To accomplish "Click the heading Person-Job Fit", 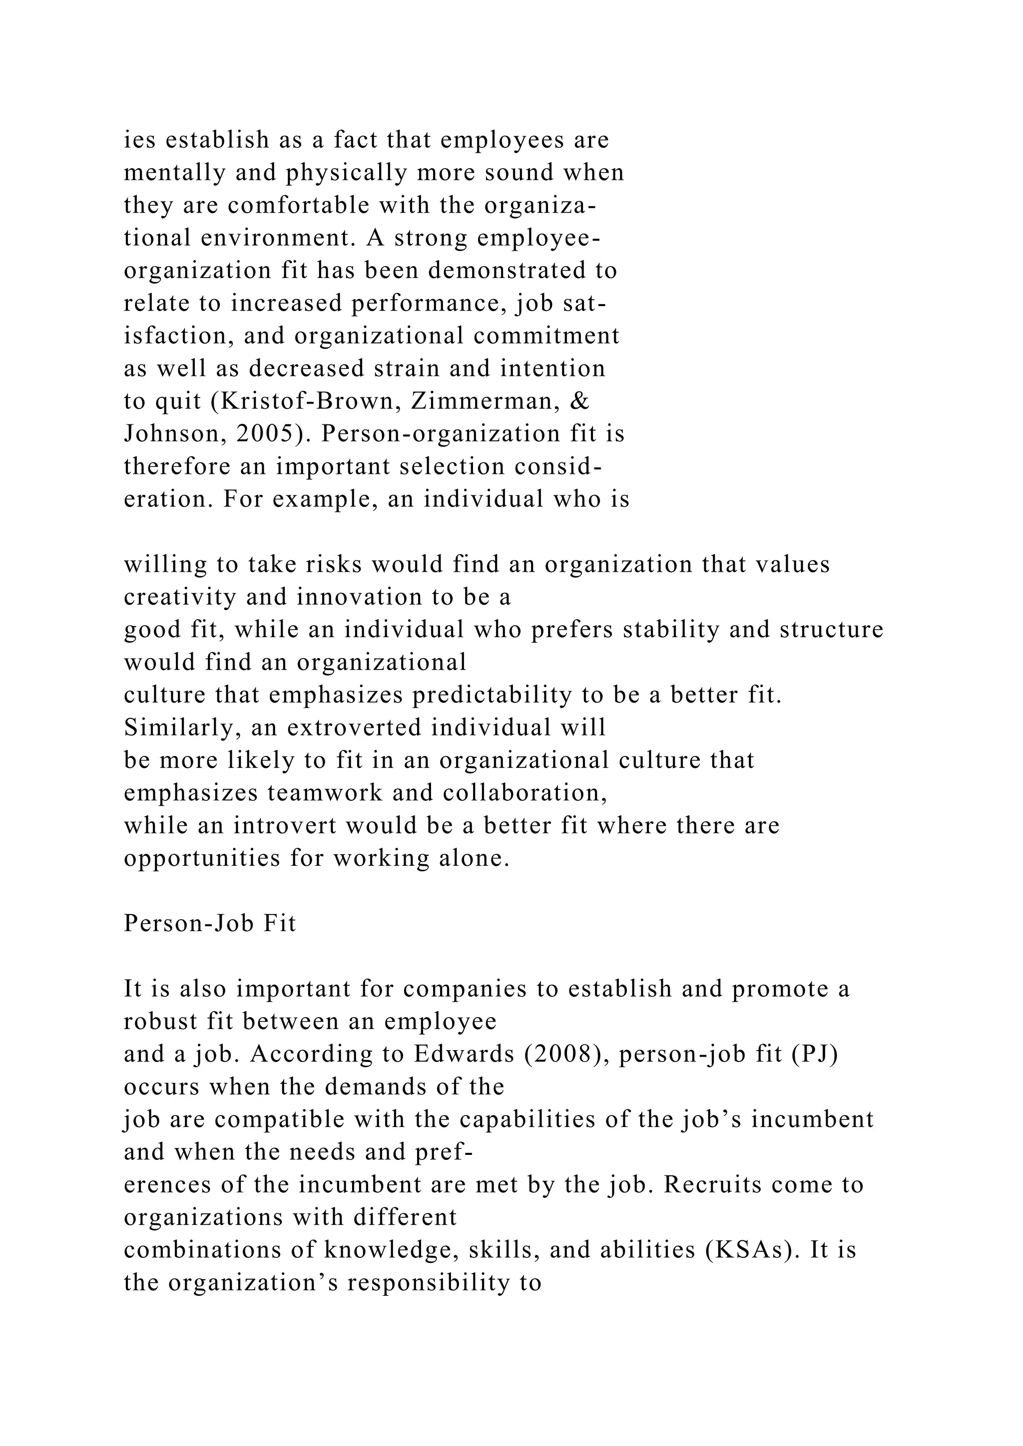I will [210, 923].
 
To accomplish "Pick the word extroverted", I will [355, 727].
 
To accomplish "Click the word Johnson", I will [171, 434].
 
